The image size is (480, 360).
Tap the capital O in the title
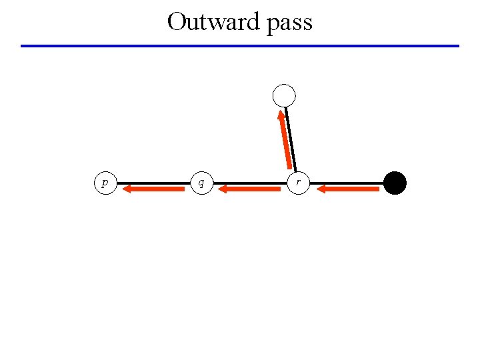point(177,21)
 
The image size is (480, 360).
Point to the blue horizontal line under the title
point(240,46)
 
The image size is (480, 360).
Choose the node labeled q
point(201,182)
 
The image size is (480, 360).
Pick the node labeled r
point(298,182)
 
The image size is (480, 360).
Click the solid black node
point(395,183)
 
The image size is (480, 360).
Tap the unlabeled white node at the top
point(284,96)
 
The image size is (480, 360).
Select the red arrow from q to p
point(155,189)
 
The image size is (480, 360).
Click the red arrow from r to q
point(250,189)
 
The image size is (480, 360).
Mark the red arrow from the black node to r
point(348,189)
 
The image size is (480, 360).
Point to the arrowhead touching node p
point(128,189)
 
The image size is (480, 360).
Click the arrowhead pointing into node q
point(223,189)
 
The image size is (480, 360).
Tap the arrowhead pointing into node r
point(321,189)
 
